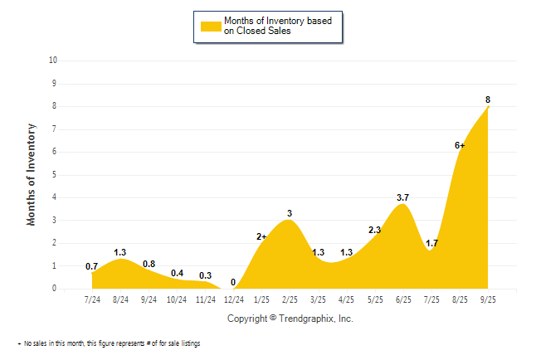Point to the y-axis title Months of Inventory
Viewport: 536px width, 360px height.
[32, 174]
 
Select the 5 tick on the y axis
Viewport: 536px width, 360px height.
[55, 174]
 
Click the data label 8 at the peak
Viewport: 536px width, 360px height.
[488, 100]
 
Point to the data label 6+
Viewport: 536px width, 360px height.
[460, 145]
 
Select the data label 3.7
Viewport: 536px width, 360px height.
[403, 197]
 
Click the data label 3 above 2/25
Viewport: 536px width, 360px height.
[290, 213]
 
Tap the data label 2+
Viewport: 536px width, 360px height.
[261, 236]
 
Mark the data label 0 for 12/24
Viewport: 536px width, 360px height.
[233, 282]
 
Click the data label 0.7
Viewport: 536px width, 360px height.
[92, 266]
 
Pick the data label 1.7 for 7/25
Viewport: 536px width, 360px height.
[431, 243]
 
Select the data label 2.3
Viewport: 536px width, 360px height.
[374, 230]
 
